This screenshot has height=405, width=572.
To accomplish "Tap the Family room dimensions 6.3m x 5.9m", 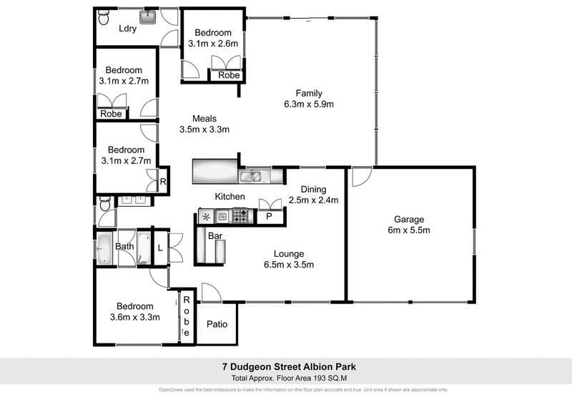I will [309, 104].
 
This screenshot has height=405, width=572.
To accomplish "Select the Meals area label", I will [204, 119].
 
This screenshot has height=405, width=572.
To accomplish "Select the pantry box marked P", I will [270, 215].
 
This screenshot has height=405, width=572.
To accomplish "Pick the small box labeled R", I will [163, 182].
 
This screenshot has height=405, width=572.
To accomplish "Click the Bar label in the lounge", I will [214, 235].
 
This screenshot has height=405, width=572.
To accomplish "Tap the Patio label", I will [217, 324].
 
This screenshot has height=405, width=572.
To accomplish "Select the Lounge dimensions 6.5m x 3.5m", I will [289, 264].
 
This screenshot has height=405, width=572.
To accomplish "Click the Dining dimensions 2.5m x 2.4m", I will [312, 201].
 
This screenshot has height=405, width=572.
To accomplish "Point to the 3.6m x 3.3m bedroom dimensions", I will [134, 317].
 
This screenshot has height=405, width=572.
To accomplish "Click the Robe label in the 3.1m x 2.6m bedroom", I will [228, 75].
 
